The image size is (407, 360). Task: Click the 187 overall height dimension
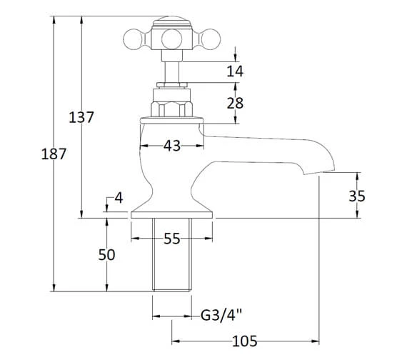pos(54,154)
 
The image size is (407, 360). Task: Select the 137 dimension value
pos(81,117)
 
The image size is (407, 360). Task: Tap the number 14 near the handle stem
pos(235,71)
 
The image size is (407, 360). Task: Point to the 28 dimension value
pos(235,103)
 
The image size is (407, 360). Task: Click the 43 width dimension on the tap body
pos(172,146)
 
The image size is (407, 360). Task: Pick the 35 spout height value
pos(357,196)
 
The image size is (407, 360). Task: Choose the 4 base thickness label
pos(119,198)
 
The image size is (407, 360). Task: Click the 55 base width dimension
pos(172,239)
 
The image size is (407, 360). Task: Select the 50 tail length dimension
pos(106,255)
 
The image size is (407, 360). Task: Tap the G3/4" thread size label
pos(221,316)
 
